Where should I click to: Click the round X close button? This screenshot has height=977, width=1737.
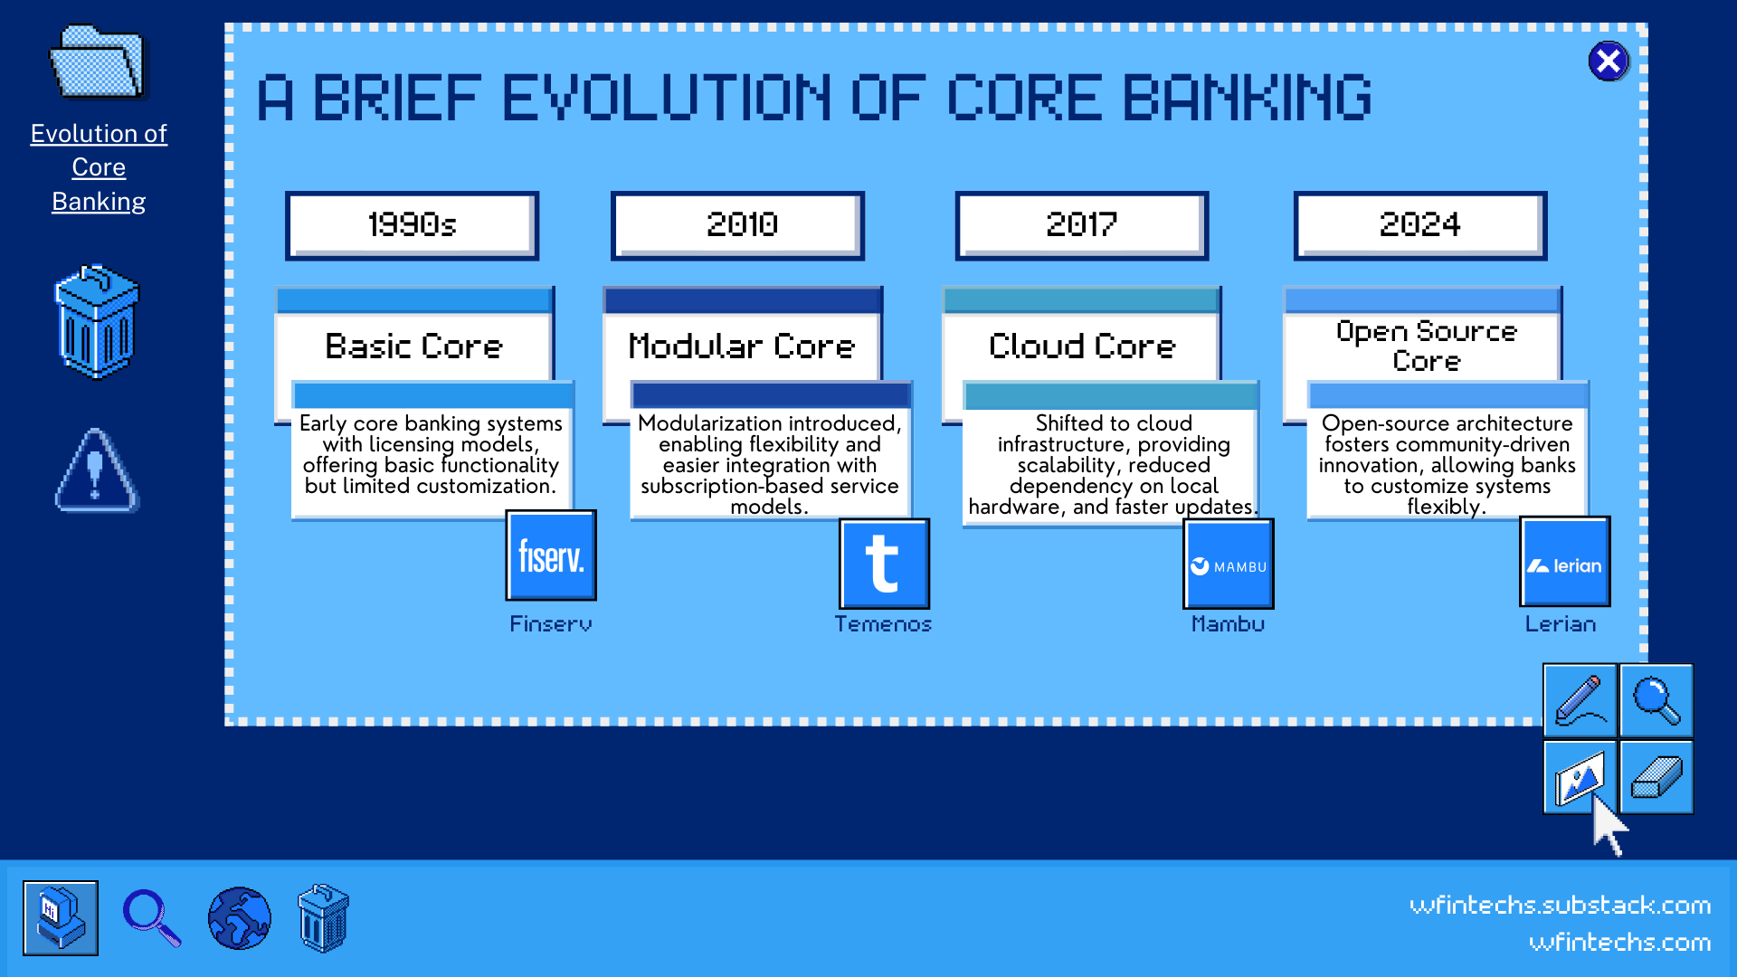[1609, 62]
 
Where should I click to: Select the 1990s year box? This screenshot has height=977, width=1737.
[413, 225]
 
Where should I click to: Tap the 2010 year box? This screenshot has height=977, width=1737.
[738, 225]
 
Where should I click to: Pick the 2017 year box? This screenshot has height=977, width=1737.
[1082, 225]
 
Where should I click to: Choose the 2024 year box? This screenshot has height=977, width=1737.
[1420, 225]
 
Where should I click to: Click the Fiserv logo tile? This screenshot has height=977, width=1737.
[551, 555]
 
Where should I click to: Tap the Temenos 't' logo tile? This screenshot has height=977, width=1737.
[884, 564]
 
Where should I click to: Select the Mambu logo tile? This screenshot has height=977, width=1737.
[1229, 564]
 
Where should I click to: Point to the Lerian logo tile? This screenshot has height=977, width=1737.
[1565, 562]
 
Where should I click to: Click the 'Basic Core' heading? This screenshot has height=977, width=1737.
[413, 346]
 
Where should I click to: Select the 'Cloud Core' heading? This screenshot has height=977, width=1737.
[1082, 346]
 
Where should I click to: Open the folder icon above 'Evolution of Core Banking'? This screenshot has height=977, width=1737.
[98, 62]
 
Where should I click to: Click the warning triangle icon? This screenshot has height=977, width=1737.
[97, 470]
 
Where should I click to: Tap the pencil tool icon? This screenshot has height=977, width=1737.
[1580, 701]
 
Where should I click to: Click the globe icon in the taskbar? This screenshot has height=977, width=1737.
[239, 918]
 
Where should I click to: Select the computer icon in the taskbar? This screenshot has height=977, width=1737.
[61, 918]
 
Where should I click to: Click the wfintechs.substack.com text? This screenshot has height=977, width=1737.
[1561, 906]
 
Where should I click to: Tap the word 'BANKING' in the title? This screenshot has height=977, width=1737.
[1248, 98]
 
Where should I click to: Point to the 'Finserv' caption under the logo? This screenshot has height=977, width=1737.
[551, 624]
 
